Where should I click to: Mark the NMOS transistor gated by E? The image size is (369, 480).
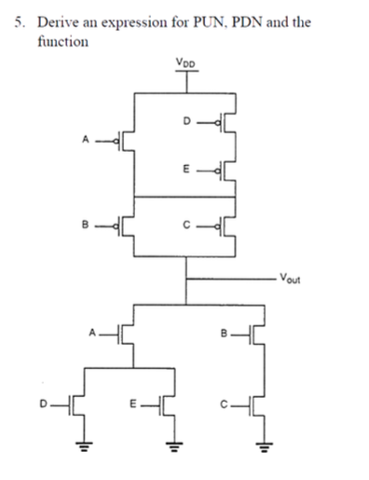pos(167,405)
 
